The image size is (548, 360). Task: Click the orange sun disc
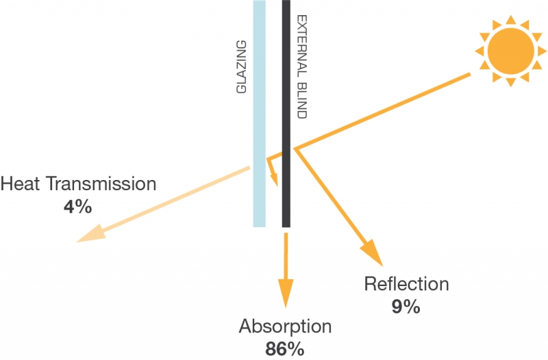click(x=510, y=51)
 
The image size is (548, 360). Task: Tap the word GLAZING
click(x=242, y=67)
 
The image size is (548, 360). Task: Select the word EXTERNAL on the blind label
click(x=301, y=46)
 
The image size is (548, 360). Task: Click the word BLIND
click(x=301, y=100)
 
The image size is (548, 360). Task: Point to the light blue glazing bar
click(x=260, y=114)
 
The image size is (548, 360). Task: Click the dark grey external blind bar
click(x=286, y=114)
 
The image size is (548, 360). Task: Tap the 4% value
click(x=77, y=207)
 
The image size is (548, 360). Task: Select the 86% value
click(x=284, y=348)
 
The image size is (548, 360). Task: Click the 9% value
click(x=406, y=307)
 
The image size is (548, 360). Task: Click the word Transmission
click(x=101, y=183)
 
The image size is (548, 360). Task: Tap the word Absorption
click(x=285, y=327)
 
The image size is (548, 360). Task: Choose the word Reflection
click(x=406, y=283)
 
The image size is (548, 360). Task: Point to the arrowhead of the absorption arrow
click(x=286, y=294)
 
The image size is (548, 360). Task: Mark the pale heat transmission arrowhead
click(x=92, y=234)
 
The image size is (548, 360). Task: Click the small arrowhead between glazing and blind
click(x=275, y=180)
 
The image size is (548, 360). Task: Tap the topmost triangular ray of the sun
click(x=510, y=20)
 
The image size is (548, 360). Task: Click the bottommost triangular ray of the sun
click(x=510, y=82)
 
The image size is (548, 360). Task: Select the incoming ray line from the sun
click(x=382, y=112)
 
